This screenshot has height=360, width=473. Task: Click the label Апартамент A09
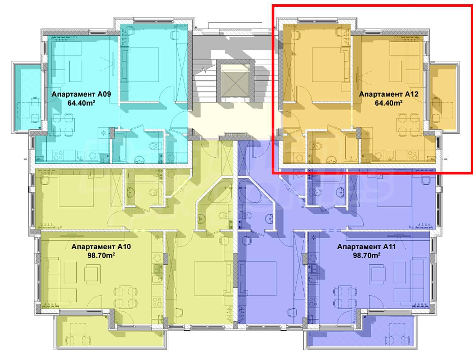coord(81,94)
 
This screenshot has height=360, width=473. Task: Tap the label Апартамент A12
coord(388,94)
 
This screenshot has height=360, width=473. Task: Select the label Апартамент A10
coord(101,247)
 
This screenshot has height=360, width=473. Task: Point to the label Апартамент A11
coord(366,247)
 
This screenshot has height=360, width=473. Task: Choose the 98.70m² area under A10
coord(101,256)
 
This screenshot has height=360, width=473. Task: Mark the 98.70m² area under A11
coord(366,256)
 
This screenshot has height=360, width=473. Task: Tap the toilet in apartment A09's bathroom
coord(154,146)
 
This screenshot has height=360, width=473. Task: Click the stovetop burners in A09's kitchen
coord(59,155)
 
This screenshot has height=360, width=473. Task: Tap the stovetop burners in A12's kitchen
coord(412,155)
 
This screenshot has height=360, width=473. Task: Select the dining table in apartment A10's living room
coord(126,297)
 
